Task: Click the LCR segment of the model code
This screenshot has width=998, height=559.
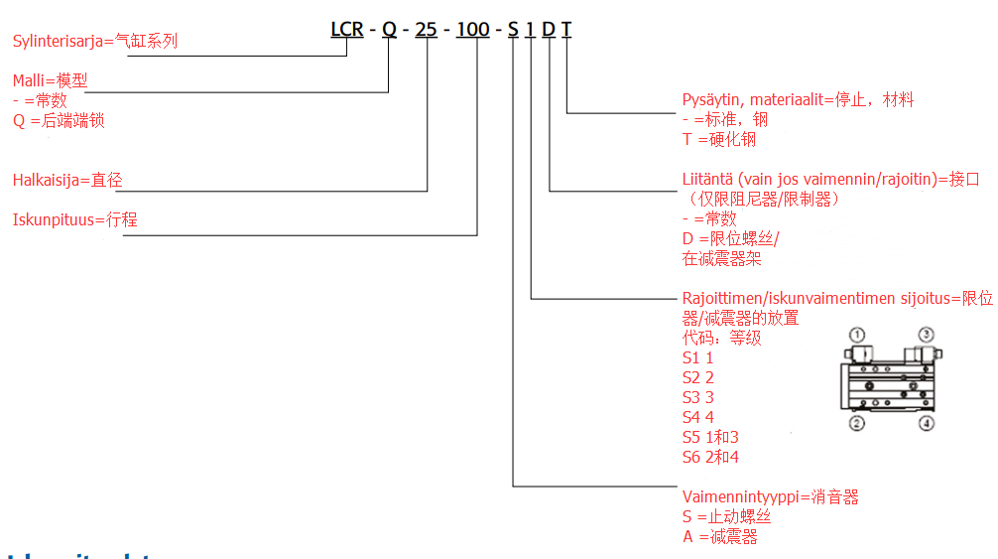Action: point(347,30)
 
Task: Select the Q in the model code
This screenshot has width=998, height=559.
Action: point(389,30)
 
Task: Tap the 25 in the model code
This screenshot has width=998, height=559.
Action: point(426,30)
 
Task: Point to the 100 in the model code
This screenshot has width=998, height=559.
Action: point(472,30)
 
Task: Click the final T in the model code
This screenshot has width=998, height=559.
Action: point(566,30)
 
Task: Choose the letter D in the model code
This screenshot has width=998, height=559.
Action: point(549,30)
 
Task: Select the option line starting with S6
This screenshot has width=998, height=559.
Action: point(710,457)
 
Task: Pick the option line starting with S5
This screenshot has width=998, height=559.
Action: point(710,437)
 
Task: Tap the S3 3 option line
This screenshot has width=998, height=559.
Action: point(698,397)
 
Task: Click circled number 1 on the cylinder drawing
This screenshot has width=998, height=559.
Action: point(857,335)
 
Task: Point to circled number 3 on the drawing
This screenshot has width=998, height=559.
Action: point(926,335)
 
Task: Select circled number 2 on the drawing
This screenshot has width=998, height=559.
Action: point(857,424)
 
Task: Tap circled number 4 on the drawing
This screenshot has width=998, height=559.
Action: point(926,424)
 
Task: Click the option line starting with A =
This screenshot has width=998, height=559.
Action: point(720,536)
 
